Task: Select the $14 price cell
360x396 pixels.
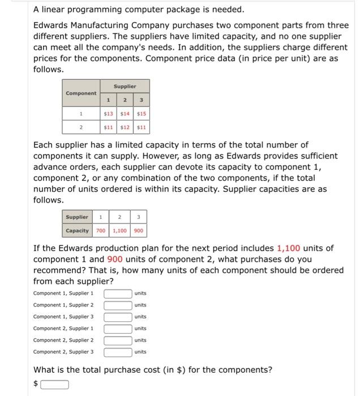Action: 125,114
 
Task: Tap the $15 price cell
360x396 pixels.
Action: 142,114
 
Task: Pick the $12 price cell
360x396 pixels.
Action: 125,127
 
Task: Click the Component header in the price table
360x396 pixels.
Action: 81,93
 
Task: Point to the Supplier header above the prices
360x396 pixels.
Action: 125,86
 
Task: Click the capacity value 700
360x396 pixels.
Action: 101,230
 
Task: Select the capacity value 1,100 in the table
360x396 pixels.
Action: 120,230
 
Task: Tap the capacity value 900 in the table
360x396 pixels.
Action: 139,230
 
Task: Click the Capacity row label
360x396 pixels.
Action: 77,230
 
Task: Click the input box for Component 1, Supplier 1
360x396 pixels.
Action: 118,293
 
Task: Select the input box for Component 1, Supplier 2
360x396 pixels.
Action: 118,305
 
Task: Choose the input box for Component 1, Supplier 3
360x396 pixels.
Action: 118,317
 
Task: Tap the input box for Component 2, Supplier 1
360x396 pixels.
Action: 118,328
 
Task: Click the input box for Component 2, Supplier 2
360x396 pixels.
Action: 118,340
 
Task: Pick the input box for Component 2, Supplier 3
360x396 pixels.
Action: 118,352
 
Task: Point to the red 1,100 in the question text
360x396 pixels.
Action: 288,248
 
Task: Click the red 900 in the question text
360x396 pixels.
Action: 115,259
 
